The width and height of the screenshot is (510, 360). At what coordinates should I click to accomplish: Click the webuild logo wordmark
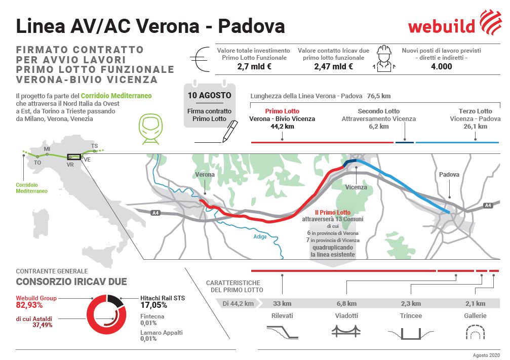pyautogui.click(x=441, y=26)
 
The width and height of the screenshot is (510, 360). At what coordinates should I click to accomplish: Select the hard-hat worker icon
pyautogui.click(x=384, y=57)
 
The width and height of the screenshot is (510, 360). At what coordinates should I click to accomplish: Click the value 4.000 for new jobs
pyautogui.click(x=441, y=66)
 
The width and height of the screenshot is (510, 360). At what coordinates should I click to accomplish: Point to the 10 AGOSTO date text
pyautogui.click(x=209, y=95)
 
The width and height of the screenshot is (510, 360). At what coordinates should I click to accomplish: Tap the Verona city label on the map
pyautogui.click(x=205, y=175)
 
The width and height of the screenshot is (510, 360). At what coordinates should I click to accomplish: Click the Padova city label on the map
pyautogui.click(x=449, y=175)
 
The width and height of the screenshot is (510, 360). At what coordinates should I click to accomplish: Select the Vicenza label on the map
pyautogui.click(x=356, y=187)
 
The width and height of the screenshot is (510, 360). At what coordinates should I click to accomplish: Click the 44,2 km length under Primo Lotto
pyautogui.click(x=282, y=127)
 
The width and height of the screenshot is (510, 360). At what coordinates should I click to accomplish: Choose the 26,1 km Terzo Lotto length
pyautogui.click(x=475, y=127)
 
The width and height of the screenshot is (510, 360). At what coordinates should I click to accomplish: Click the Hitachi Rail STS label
pyautogui.click(x=162, y=298)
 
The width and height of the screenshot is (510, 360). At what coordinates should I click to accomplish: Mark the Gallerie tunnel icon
pyautogui.click(x=475, y=332)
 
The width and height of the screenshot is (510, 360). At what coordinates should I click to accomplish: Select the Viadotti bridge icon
pyautogui.click(x=346, y=331)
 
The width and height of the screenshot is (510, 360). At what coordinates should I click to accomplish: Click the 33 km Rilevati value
pyautogui.click(x=283, y=304)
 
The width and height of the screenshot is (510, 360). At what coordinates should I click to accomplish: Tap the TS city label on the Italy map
pyautogui.click(x=94, y=146)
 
